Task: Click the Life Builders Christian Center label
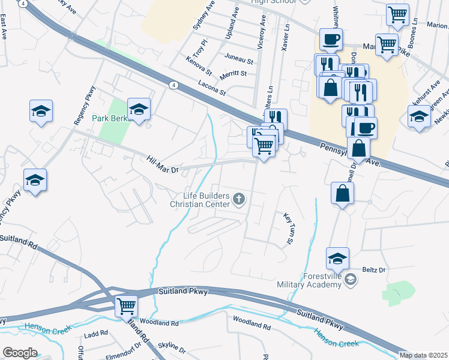click(x=200, y=200)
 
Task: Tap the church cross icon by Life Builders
click(x=239, y=199)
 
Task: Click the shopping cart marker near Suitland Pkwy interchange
click(x=126, y=306)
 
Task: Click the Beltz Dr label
click(x=373, y=270)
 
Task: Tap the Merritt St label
click(x=234, y=73)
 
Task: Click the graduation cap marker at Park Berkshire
click(x=139, y=109)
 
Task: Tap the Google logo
click(x=20, y=353)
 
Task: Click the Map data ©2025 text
click(x=423, y=355)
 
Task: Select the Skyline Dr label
click(x=173, y=349)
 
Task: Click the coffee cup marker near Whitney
click(x=331, y=40)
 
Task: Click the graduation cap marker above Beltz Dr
click(x=337, y=258)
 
